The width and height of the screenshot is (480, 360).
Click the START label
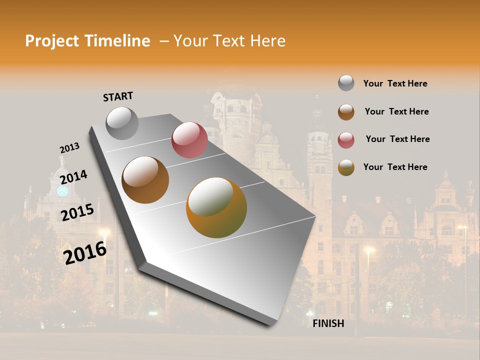(118, 96)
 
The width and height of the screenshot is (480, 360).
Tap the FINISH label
(328, 323)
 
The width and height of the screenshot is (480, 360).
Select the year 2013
(69, 148)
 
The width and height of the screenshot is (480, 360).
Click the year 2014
(73, 177)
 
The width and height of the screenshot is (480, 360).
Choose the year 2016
(85, 252)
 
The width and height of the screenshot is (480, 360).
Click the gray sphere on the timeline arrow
(122, 123)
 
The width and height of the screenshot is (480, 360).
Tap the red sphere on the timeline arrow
(189, 140)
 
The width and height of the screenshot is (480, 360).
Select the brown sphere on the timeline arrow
(145, 179)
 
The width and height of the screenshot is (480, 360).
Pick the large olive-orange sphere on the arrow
(216, 207)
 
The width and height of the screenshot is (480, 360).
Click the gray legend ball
(346, 83)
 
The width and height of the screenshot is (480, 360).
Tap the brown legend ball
(346, 111)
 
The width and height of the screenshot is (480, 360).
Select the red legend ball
(346, 139)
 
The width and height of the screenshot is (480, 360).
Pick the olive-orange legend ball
(346, 167)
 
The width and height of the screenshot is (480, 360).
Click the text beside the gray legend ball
(395, 83)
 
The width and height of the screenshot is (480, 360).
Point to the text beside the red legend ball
(397, 139)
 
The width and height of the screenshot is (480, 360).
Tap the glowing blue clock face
(62, 190)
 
